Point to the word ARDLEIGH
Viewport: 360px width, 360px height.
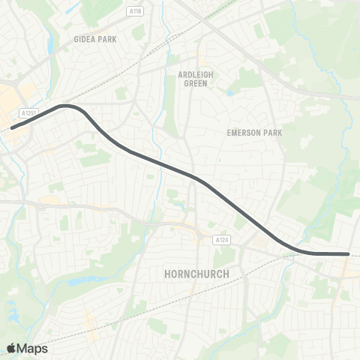point(196,74)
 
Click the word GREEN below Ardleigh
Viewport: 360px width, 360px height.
point(196,83)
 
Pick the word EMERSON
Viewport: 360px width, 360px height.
point(241,132)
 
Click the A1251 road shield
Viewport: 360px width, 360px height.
point(29,112)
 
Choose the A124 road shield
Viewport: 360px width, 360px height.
point(219,240)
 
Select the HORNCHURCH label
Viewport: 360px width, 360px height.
point(196,274)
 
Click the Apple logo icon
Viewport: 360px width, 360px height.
point(12,348)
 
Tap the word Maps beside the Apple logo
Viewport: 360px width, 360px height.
point(32,348)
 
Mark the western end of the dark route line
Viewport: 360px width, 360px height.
point(12,127)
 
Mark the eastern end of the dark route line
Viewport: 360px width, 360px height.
point(348,254)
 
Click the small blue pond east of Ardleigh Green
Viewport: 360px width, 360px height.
point(229,93)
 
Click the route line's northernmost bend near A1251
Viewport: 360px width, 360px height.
point(67,106)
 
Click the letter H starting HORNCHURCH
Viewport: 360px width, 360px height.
point(167,274)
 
